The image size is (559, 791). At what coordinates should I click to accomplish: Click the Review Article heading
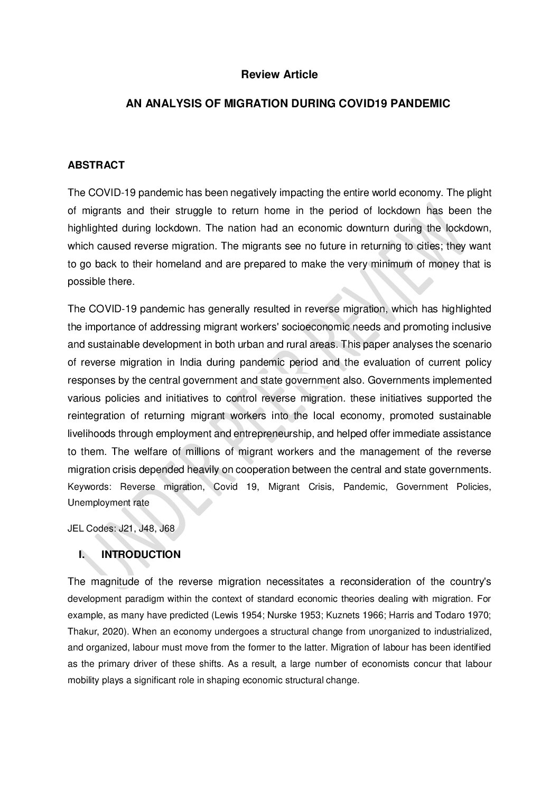coord(279,75)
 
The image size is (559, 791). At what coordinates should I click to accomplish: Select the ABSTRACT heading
coord(96,165)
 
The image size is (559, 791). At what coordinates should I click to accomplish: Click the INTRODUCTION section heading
coord(141,554)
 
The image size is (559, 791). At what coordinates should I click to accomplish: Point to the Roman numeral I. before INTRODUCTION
coord(82,554)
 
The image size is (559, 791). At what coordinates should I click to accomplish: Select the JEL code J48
coord(148,528)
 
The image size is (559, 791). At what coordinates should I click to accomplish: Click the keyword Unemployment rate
coord(108,502)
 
